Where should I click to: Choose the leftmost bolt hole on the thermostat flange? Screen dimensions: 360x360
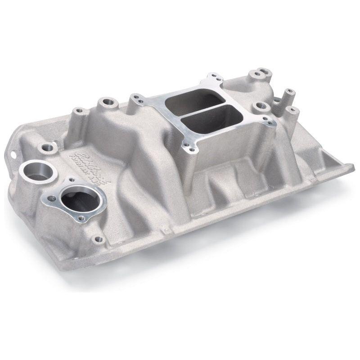(50, 198)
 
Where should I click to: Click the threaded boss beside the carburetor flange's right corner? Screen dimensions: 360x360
(261, 106)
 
